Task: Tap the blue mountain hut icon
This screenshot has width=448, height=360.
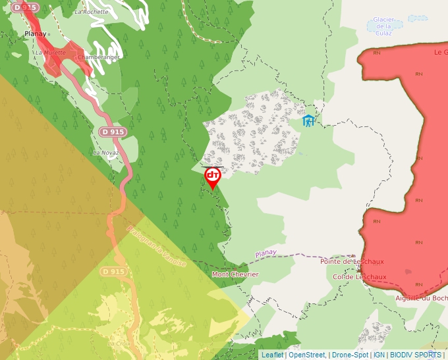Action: pos(308,120)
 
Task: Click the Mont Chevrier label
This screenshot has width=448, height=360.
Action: pos(235,274)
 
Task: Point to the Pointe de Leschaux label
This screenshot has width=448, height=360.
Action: pos(352,261)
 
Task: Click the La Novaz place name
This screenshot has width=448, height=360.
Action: pos(105,153)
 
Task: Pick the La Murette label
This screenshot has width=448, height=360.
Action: pos(51,53)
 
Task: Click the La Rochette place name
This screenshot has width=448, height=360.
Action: pos(92,12)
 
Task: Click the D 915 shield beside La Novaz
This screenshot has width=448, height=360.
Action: pos(113,132)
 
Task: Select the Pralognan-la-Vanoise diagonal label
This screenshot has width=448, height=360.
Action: pos(157,246)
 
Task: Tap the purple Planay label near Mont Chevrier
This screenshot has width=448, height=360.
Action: pos(266,253)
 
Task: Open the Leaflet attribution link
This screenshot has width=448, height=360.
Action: pos(272,355)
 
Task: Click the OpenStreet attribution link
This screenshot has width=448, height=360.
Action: pos(307,355)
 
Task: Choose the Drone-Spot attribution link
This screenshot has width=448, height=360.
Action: pos(350,355)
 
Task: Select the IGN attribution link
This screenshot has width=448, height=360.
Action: pos(379,355)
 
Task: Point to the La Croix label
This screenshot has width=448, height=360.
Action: pos(119,343)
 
